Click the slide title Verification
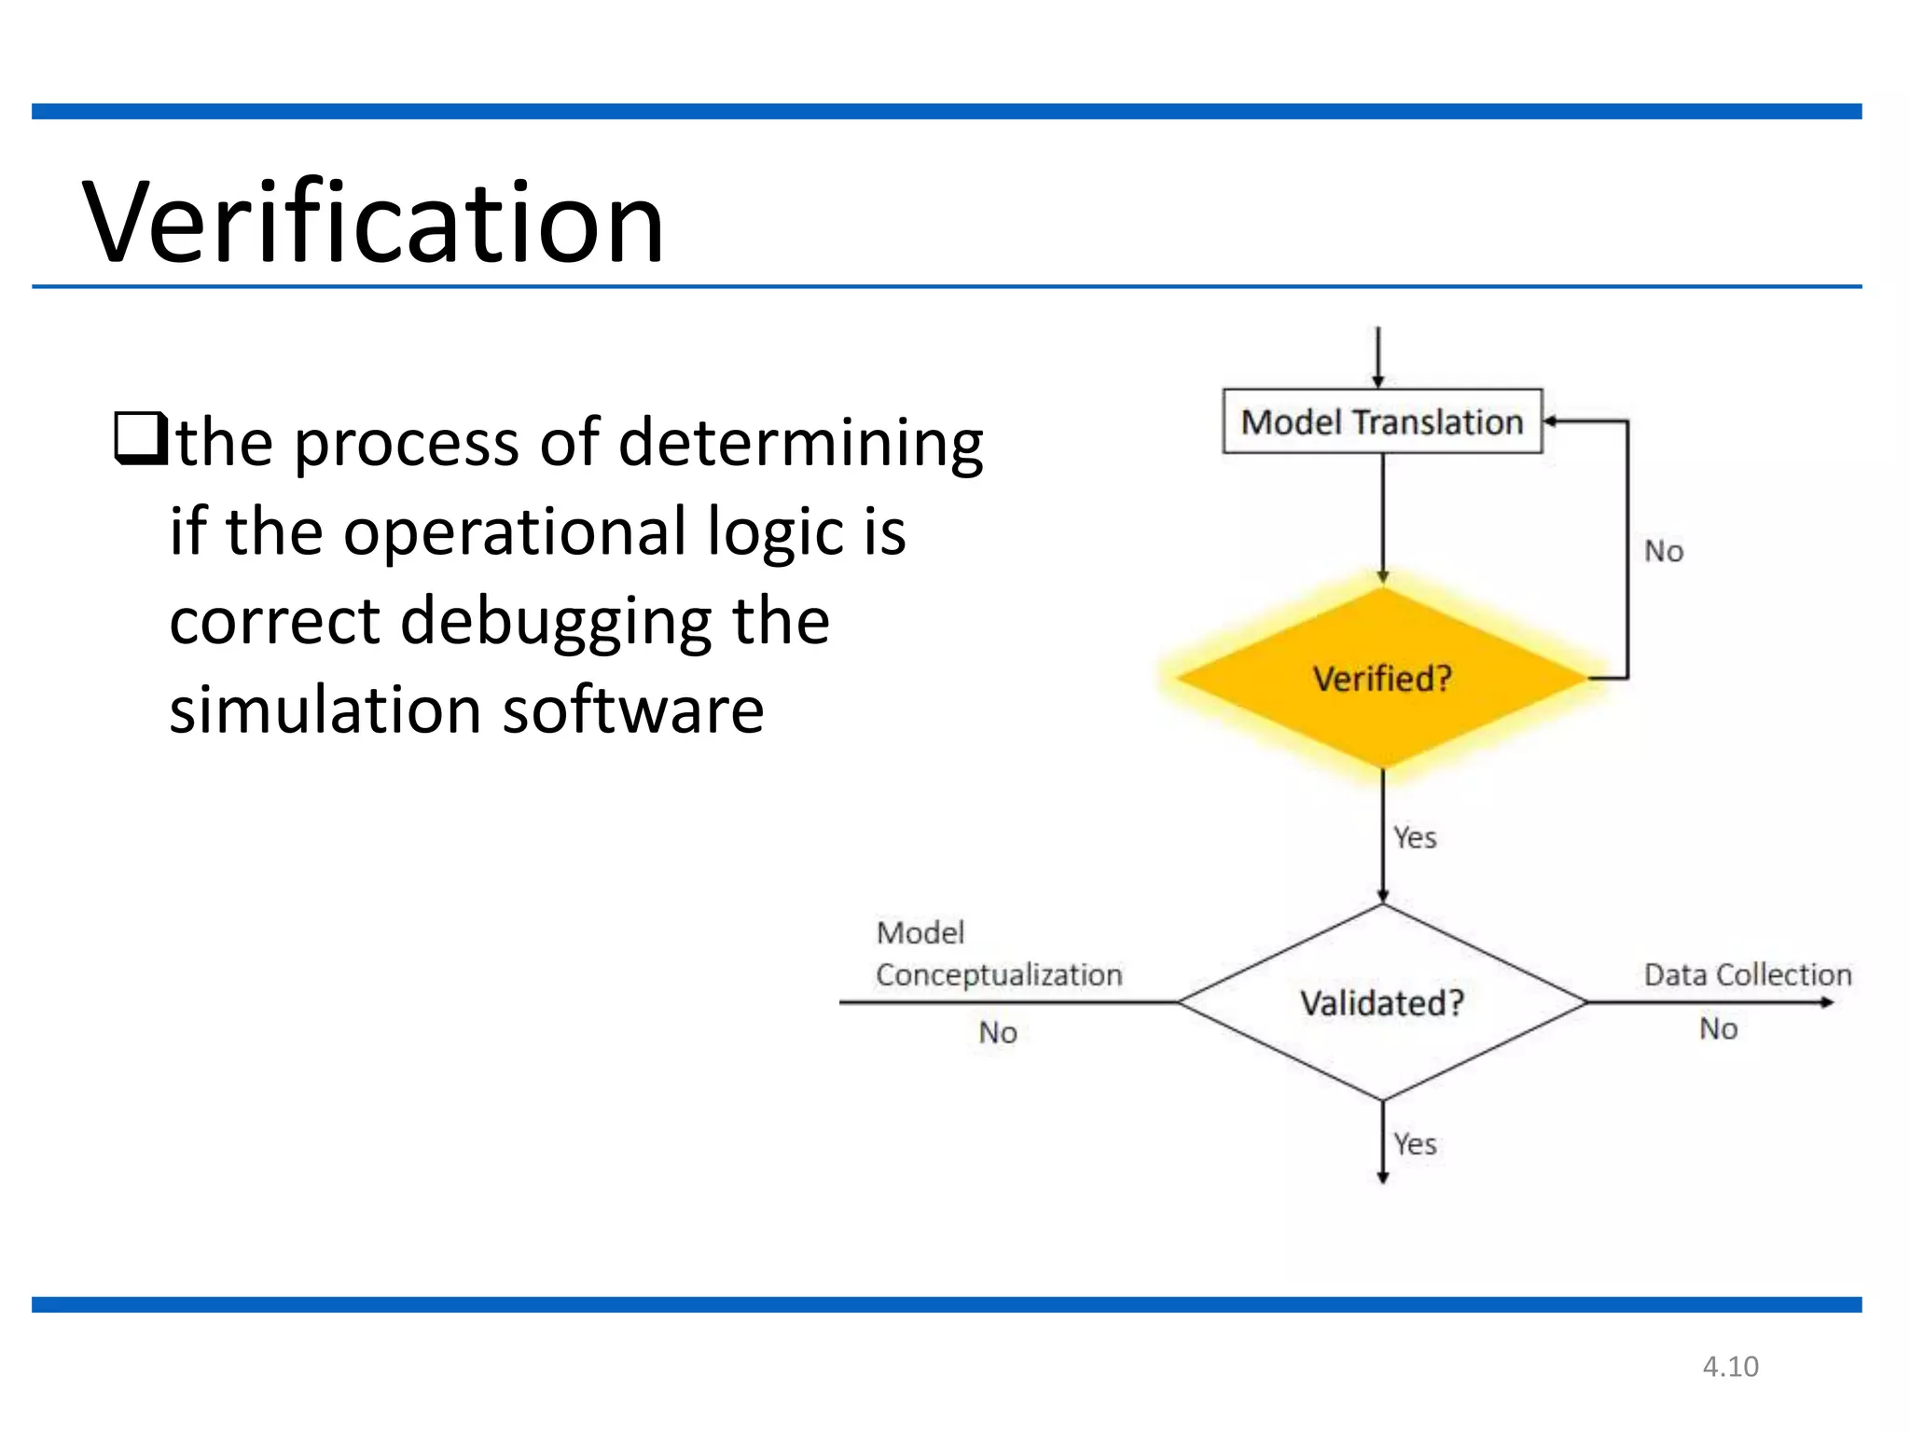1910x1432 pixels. [373, 224]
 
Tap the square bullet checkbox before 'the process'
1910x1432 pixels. [140, 438]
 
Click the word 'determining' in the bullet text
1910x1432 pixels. [800, 444]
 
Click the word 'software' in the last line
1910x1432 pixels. [633, 710]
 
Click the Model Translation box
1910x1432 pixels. [1381, 421]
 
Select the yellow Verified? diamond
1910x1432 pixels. [1381, 678]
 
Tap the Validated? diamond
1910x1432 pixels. [1381, 1003]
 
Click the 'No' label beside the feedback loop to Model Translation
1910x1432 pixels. [1664, 551]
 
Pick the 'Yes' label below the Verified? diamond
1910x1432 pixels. [1415, 837]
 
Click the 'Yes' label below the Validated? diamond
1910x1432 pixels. [1415, 1144]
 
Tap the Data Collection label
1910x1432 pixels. [1747, 974]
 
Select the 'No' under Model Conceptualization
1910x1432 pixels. [997, 1033]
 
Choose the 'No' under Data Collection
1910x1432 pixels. [1718, 1029]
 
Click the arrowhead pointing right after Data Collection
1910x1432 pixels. [1827, 1002]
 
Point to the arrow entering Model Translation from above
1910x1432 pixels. [1377, 359]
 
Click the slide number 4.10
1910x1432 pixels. [1730, 1367]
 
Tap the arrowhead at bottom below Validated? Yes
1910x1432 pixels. [1382, 1177]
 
